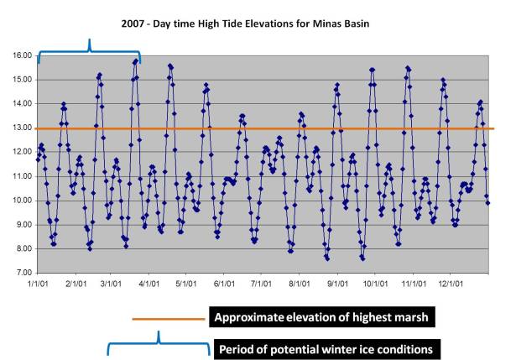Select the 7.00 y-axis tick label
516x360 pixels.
click(23, 274)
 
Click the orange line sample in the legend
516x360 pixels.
click(168, 318)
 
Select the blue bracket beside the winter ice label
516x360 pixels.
click(159, 344)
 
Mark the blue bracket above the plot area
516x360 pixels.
click(89, 50)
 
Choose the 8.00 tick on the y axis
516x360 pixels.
click(23, 249)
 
